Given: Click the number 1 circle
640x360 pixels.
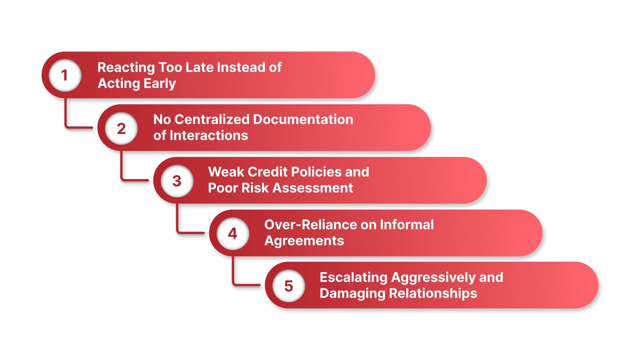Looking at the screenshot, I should pyautogui.click(x=65, y=75).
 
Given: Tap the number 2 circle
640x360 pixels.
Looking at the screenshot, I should pyautogui.click(x=121, y=128).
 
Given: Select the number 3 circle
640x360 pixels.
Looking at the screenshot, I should pyautogui.click(x=177, y=181).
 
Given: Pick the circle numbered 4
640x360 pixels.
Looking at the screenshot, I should pyautogui.click(x=233, y=233).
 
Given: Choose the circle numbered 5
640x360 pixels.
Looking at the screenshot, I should pyautogui.click(x=289, y=286).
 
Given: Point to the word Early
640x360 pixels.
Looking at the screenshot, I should pyautogui.click(x=160, y=84).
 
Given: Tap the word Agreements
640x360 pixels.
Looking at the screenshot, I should pyautogui.click(x=304, y=241).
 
